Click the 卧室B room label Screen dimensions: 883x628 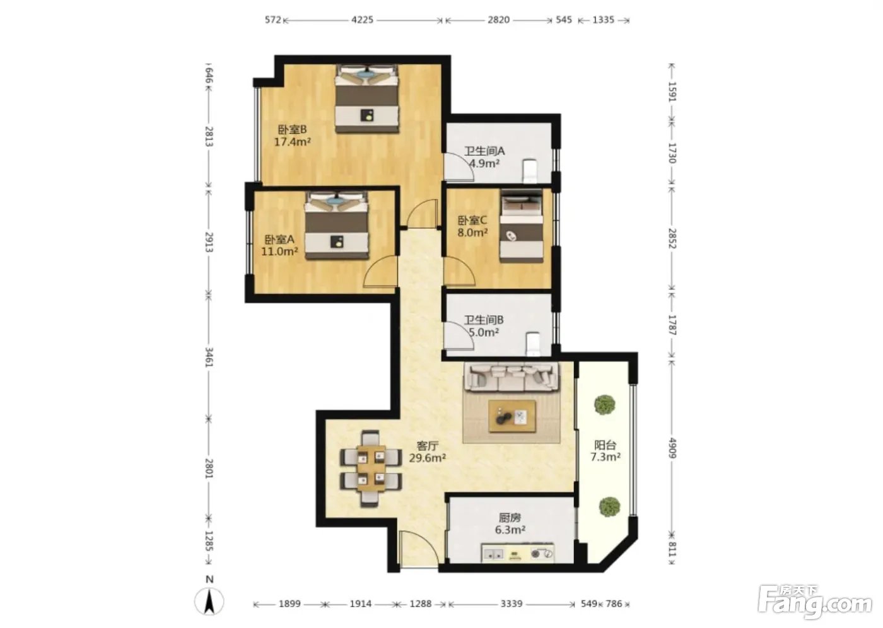[292, 129]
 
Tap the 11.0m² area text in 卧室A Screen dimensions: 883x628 [279, 252]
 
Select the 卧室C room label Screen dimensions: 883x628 [472, 220]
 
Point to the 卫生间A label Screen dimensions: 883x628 [484, 151]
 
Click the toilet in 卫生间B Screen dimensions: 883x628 [533, 344]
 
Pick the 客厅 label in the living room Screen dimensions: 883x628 [428, 446]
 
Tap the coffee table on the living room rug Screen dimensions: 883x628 [512, 416]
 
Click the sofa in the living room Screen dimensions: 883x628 [512, 377]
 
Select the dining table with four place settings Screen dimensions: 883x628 [371, 468]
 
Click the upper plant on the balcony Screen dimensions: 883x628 [605, 405]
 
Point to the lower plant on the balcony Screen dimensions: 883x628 [609, 507]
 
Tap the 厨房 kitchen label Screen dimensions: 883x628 [510, 518]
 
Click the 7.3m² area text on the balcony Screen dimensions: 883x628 [605, 457]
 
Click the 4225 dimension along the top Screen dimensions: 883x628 [362, 20]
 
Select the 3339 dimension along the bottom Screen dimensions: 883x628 [512, 603]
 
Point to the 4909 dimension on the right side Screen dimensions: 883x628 [672, 448]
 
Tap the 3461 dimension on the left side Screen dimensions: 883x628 [209, 358]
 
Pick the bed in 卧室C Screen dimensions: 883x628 [522, 226]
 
